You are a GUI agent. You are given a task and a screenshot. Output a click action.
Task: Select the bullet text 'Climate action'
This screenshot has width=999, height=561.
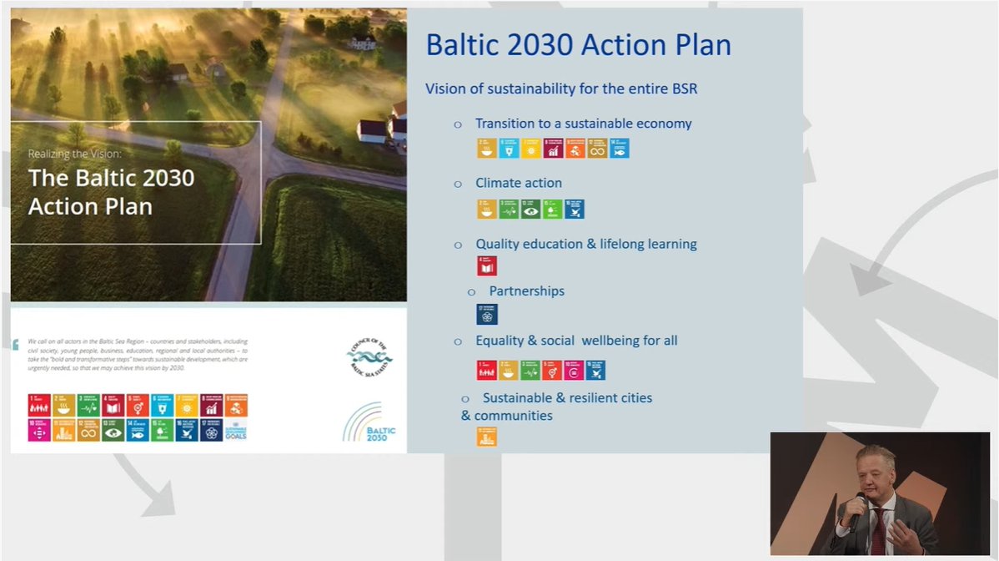(519, 183)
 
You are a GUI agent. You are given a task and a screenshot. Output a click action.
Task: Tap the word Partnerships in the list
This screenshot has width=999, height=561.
(526, 291)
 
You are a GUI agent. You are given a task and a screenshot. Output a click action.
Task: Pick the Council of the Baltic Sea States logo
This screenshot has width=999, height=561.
(369, 357)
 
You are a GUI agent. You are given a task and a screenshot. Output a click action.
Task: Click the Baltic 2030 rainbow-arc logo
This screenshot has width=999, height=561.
(369, 422)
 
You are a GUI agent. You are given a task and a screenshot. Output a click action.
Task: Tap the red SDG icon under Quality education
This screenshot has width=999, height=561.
(486, 266)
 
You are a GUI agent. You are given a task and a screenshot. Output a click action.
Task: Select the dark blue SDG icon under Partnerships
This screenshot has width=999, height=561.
(486, 314)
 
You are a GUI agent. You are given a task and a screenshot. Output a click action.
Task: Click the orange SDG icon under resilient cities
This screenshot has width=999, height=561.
(486, 437)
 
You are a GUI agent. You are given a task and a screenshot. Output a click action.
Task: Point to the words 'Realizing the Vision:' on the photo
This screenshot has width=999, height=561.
(74, 154)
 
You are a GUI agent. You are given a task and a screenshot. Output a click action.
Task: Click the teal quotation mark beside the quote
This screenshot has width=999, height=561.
(16, 344)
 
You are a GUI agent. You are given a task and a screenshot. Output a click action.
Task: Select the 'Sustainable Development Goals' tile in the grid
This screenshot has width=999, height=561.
(237, 430)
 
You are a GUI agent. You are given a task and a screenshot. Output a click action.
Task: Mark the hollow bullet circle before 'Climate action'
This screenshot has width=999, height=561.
(458, 184)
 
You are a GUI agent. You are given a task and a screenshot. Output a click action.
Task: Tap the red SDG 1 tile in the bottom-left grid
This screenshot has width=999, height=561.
(39, 406)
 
